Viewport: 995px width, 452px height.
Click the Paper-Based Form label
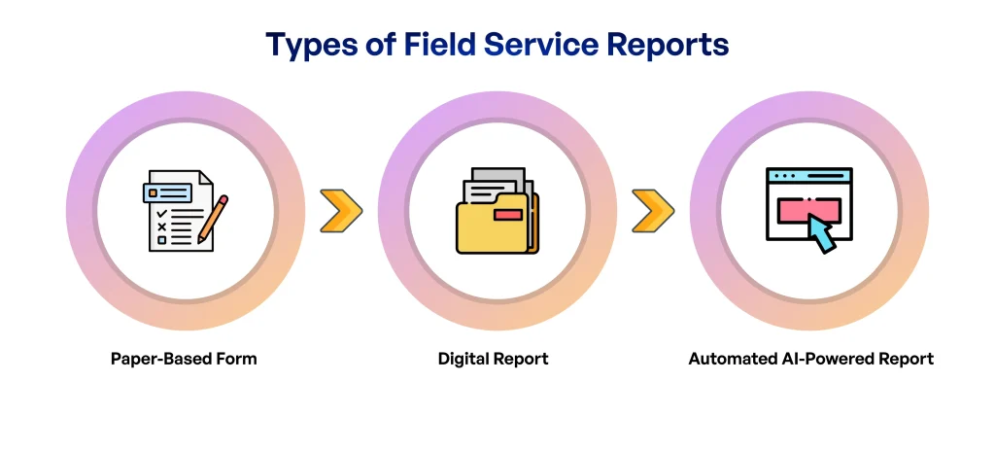point(184,359)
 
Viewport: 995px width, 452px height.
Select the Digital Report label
point(493,359)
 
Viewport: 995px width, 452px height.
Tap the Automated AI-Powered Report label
point(810,359)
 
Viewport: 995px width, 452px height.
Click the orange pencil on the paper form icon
point(214,219)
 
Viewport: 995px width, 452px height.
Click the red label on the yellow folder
point(507,214)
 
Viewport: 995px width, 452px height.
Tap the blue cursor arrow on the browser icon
point(820,234)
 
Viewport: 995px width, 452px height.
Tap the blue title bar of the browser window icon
point(808,176)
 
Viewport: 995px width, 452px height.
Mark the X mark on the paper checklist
point(161,226)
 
